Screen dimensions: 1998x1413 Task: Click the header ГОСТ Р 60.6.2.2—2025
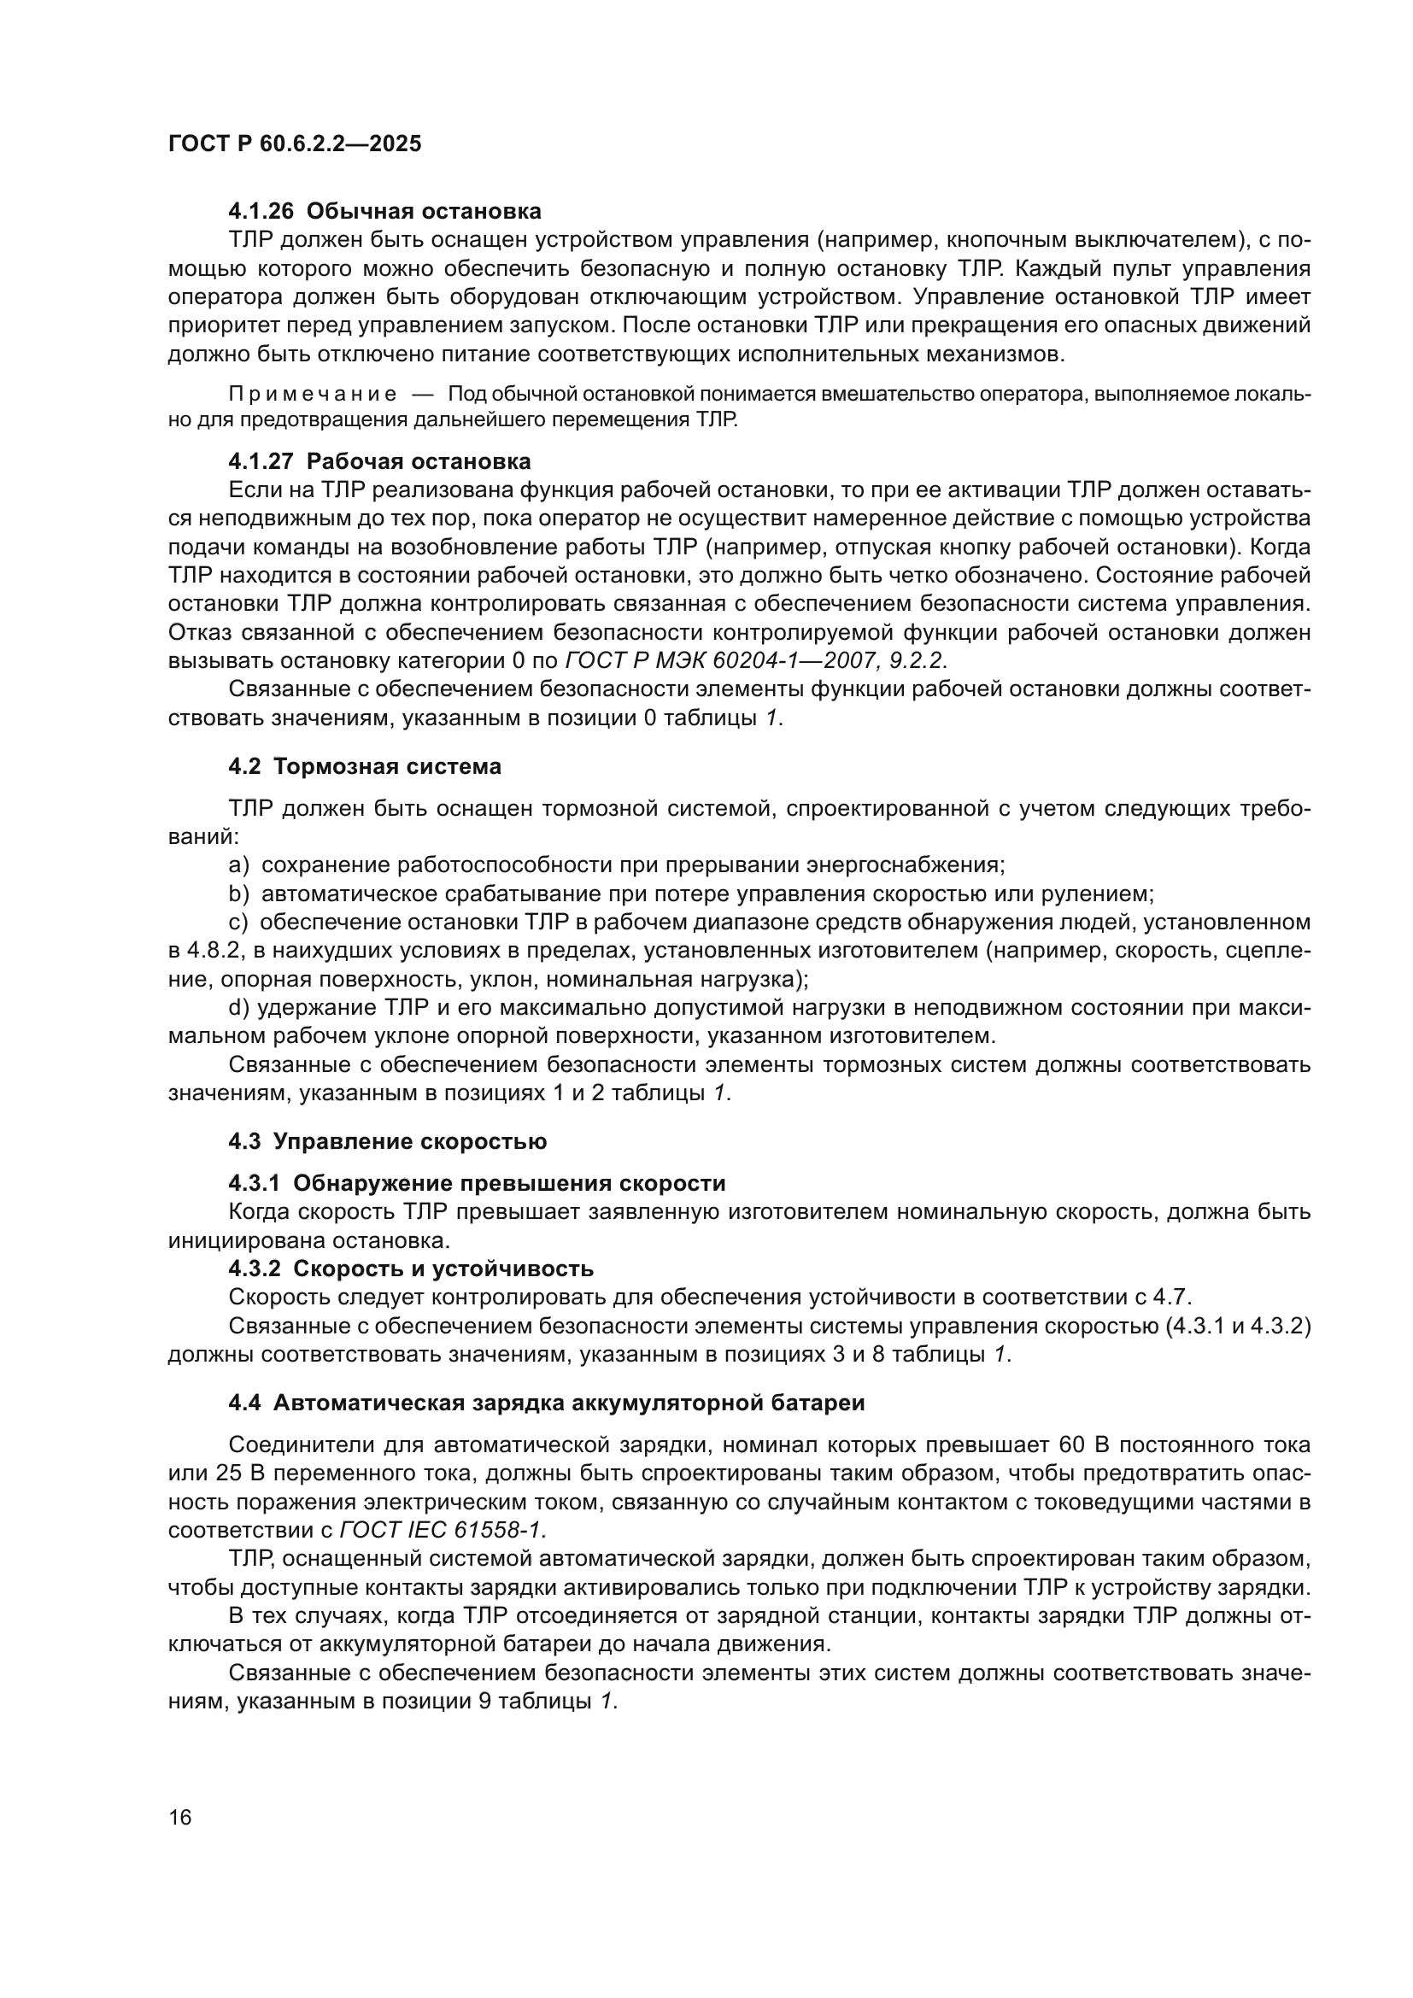tap(294, 144)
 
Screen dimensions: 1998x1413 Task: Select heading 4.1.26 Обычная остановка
tap(384, 212)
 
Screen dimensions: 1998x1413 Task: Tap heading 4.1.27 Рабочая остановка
tap(379, 461)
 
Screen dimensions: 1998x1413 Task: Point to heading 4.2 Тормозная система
tap(365, 766)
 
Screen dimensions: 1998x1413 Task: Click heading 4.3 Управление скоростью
tap(387, 1142)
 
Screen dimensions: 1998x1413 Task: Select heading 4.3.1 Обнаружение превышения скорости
tap(477, 1183)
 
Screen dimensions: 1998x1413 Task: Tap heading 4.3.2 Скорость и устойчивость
tap(411, 1268)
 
